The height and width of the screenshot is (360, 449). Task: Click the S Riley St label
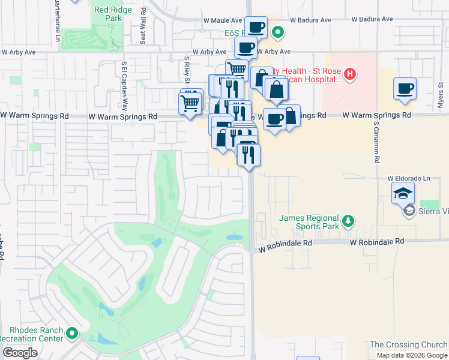[x=187, y=69]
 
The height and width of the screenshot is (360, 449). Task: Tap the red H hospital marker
[x=350, y=75]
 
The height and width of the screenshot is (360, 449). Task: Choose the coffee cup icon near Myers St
[x=405, y=89]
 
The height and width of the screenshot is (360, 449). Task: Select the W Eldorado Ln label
[x=409, y=178]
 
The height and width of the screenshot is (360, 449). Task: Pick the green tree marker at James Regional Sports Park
[x=348, y=222]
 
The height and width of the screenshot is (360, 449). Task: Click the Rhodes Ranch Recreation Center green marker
[x=73, y=332]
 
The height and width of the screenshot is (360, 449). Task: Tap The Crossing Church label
[x=408, y=344]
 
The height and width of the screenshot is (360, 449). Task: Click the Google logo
[x=20, y=353]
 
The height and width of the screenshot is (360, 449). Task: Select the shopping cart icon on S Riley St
[x=190, y=103]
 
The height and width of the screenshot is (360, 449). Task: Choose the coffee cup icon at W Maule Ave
[x=256, y=27]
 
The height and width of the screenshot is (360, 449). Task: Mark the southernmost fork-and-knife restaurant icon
[x=248, y=154]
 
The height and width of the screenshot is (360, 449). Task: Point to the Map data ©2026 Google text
[x=412, y=355]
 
